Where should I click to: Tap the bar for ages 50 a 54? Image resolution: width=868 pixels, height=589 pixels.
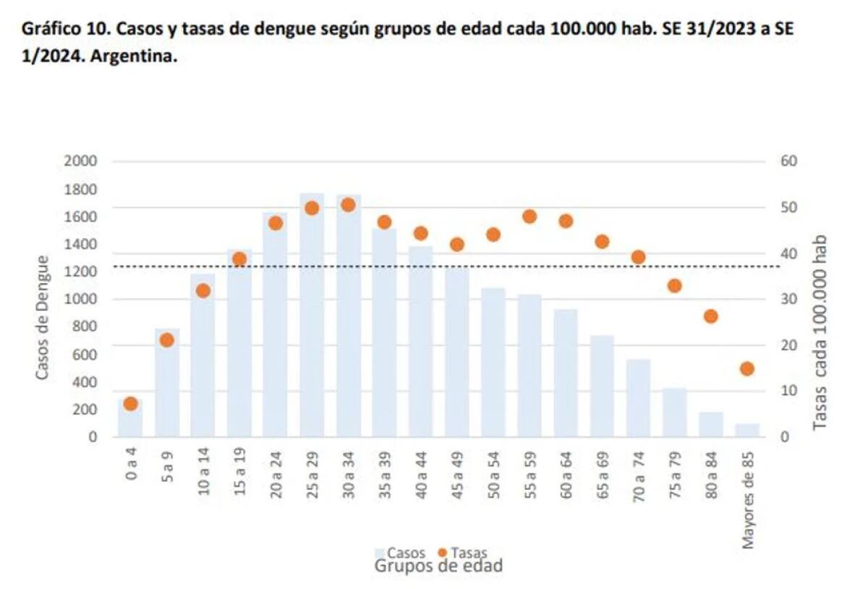pos(493,362)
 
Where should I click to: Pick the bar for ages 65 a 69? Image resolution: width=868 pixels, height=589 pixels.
pos(602,387)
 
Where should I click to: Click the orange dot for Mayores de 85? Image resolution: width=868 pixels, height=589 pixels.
pos(747,369)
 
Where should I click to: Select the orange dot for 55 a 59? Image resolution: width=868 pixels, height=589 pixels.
pos(529,216)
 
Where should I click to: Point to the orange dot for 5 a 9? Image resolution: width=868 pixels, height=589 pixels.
pos(167,340)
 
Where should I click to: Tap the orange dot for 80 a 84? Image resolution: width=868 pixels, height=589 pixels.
pos(711,316)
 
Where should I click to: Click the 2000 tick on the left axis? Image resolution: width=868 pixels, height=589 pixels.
pos(80,161)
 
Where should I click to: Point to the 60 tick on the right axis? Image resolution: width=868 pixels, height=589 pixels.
pos(788,161)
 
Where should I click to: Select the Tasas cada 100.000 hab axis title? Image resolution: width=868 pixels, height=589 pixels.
pos(820,333)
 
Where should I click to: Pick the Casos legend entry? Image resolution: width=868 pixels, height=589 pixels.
pos(405,554)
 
